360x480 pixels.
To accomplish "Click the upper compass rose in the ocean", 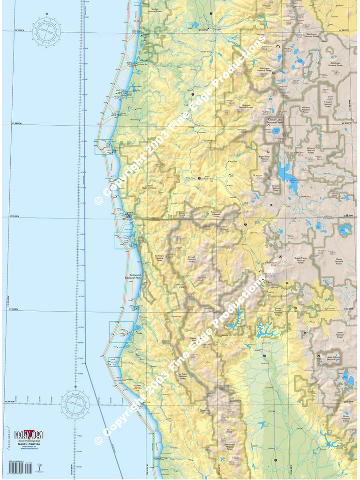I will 46,31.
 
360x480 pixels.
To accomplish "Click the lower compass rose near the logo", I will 75,404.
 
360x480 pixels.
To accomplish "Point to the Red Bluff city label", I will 269,388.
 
